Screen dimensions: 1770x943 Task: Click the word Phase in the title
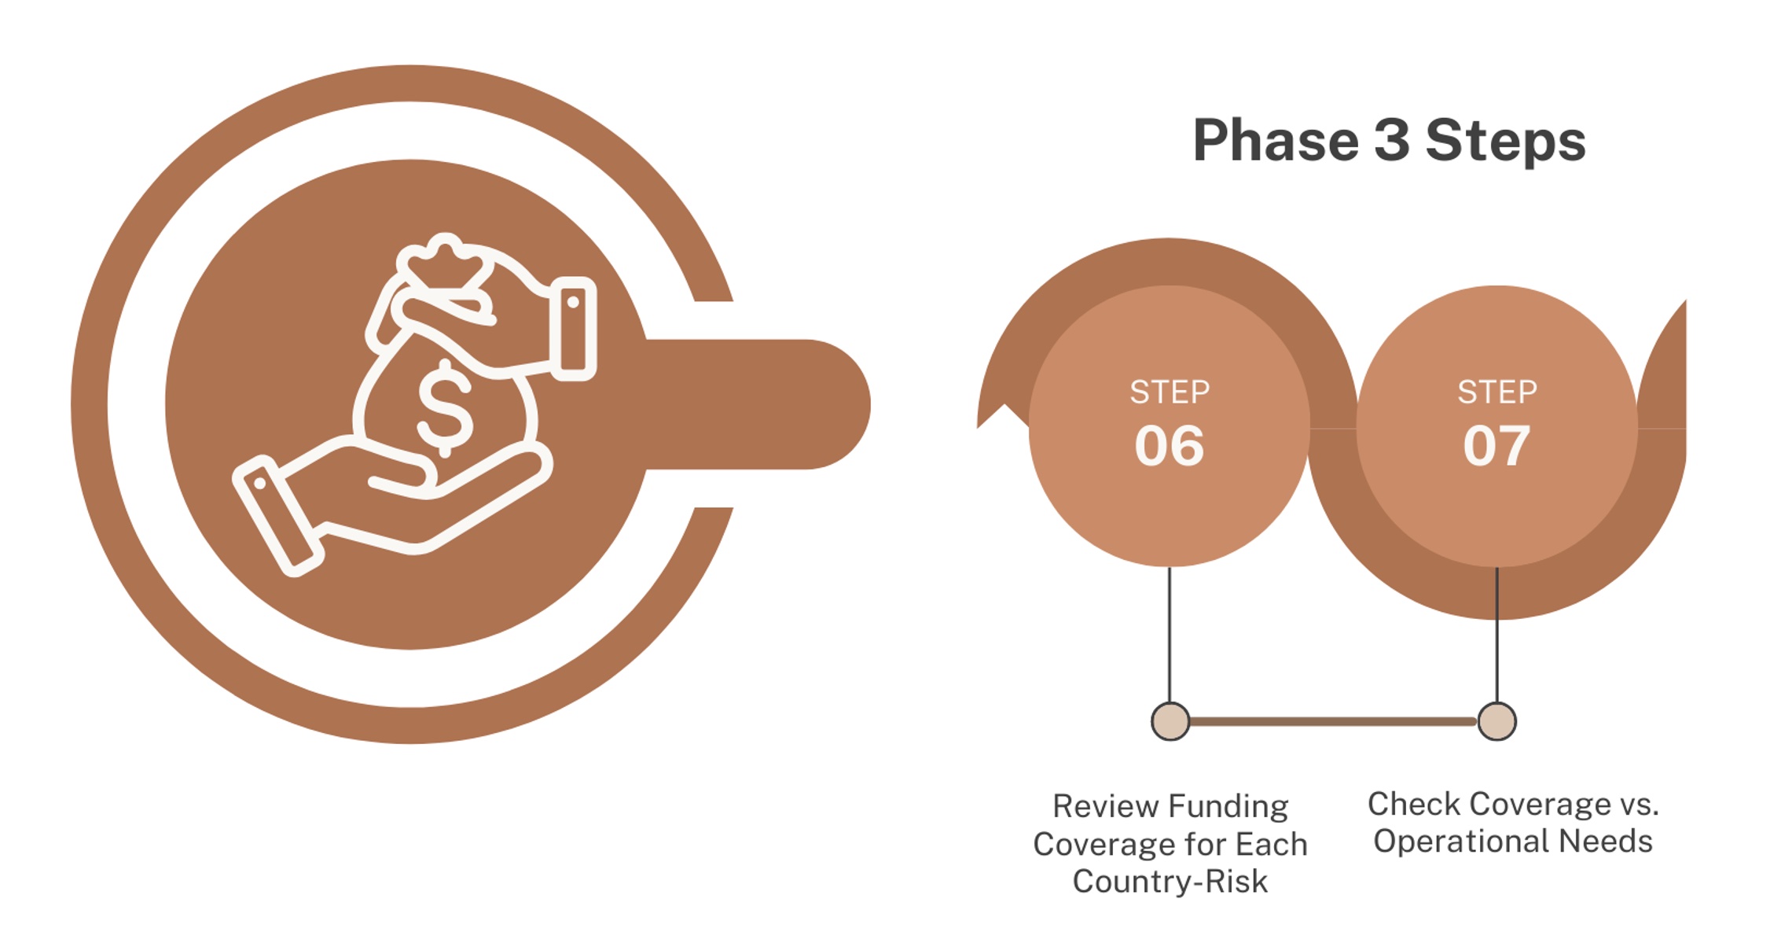(1276, 140)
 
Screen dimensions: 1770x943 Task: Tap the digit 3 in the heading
(1392, 140)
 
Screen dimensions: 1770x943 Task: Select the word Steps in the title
(1505, 142)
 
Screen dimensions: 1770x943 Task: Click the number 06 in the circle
(1169, 446)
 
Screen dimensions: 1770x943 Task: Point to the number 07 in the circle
(1496, 446)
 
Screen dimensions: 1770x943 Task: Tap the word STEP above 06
(1170, 392)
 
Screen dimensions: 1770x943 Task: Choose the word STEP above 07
(1497, 392)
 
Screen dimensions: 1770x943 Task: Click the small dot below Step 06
(1170, 721)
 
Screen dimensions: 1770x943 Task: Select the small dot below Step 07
(1496, 721)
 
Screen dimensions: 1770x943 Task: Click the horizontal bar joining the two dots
(1333, 721)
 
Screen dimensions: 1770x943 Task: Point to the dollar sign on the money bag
(445, 407)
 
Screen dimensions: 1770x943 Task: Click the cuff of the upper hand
(573, 329)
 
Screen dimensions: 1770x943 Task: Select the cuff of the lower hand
(278, 516)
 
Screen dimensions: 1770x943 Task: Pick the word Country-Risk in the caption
(1170, 882)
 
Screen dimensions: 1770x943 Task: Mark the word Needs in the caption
(1606, 841)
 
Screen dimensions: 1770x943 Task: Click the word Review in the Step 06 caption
(1104, 806)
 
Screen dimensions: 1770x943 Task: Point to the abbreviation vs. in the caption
(1638, 805)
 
